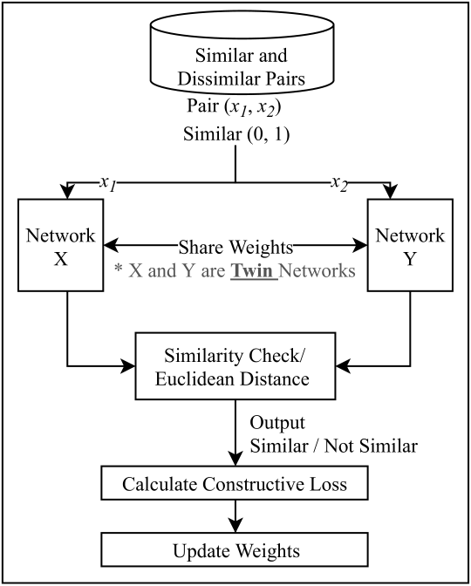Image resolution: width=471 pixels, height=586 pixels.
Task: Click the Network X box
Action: coord(61,245)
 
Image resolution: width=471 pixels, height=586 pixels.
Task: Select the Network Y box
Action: coord(410,245)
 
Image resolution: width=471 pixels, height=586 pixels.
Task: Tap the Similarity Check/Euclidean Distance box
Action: coord(235,366)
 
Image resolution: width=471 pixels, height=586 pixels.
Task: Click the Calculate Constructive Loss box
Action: coord(235,483)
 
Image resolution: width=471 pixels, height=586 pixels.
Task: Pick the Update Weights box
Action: coord(235,549)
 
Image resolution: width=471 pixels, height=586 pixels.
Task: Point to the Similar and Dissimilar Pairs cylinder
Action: coord(242,52)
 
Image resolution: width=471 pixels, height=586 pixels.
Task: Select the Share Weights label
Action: coord(235,247)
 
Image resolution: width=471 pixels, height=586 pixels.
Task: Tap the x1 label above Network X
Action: coord(108,184)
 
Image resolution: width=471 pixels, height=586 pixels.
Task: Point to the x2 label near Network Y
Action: coord(339,184)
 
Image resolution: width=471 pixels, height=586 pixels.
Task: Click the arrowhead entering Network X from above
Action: coord(67,192)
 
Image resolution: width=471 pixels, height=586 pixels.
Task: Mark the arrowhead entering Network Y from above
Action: coord(391,192)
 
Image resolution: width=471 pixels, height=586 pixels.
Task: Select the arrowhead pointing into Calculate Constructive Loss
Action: coord(235,459)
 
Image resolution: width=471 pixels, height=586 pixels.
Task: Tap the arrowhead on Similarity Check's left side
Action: coord(128,366)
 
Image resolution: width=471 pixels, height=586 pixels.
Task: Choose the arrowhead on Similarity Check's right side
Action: coord(343,366)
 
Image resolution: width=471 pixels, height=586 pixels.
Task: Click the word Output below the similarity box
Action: coord(277,423)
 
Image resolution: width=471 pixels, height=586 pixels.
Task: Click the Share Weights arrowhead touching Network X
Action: coord(111,246)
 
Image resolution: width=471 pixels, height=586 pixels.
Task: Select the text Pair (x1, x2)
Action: coord(234,107)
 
